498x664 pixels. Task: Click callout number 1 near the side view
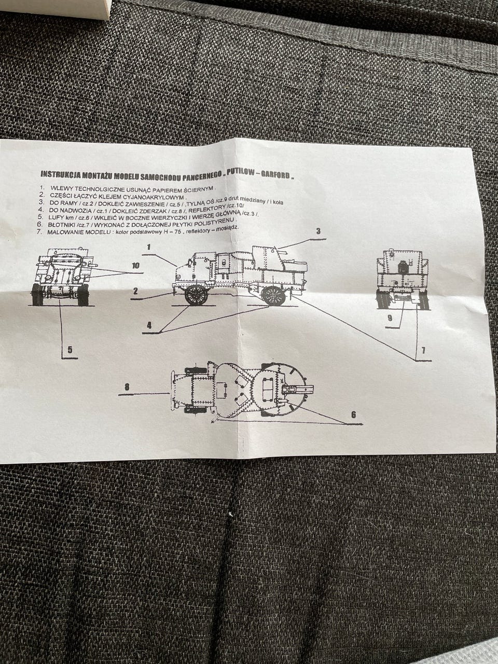tap(148, 247)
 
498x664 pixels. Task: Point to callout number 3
tap(318, 231)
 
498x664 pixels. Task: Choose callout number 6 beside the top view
tap(353, 414)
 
